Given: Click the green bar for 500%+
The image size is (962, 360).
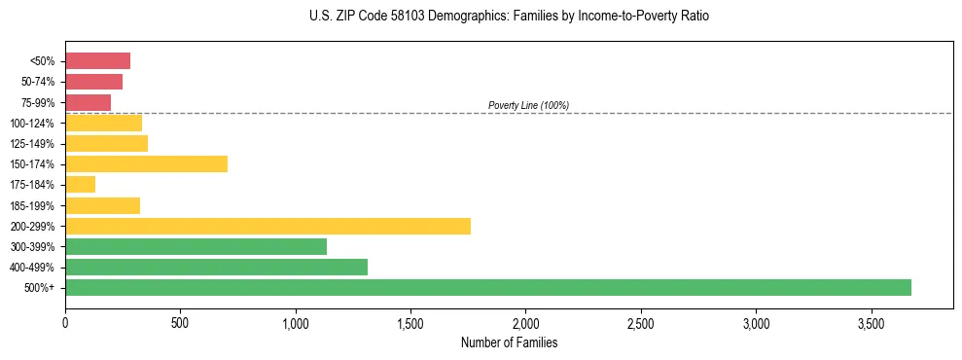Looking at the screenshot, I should (487, 287).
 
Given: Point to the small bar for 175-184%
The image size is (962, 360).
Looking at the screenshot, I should (80, 184).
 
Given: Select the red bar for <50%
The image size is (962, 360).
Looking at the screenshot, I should (97, 61).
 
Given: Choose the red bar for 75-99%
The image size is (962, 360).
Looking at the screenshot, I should (88, 102).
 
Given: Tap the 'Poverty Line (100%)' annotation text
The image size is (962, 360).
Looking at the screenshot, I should (528, 105).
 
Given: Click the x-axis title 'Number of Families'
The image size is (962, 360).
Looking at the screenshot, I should (509, 342).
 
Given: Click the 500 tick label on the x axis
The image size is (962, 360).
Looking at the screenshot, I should (180, 322).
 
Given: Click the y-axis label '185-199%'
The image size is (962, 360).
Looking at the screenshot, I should (32, 205).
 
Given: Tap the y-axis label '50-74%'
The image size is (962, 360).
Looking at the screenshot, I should (37, 82).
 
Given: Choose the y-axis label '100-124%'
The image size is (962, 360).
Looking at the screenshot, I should (32, 123).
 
